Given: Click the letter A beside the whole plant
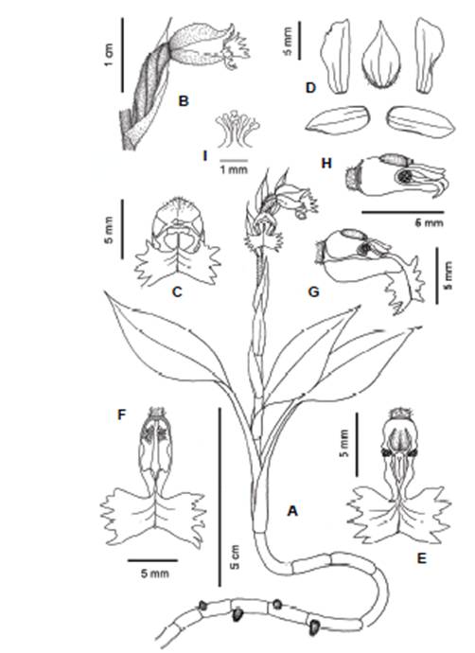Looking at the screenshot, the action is pyautogui.click(x=292, y=510).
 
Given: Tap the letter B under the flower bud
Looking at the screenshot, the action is pyautogui.click(x=184, y=100).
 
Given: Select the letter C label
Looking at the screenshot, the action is pyautogui.click(x=177, y=291).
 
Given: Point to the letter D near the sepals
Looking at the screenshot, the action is pyautogui.click(x=310, y=88).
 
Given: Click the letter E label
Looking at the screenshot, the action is pyautogui.click(x=422, y=558).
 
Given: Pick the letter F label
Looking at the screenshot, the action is pyautogui.click(x=121, y=415).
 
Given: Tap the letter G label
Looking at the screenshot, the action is pyautogui.click(x=313, y=291).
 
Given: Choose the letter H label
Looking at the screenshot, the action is pyautogui.click(x=326, y=163).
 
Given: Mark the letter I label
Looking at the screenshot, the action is pyautogui.click(x=204, y=156).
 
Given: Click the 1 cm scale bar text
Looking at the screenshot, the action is pyautogui.click(x=109, y=55).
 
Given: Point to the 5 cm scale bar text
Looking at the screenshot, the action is pyautogui.click(x=235, y=556).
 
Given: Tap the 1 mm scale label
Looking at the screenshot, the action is pyautogui.click(x=234, y=169).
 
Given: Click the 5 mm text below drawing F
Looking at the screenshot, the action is pyautogui.click(x=155, y=574).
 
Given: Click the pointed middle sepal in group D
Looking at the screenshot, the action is pyautogui.click(x=381, y=55).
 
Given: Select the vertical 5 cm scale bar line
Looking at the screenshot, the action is pyautogui.click(x=219, y=497).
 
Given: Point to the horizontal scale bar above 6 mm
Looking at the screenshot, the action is pyautogui.click(x=402, y=212).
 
